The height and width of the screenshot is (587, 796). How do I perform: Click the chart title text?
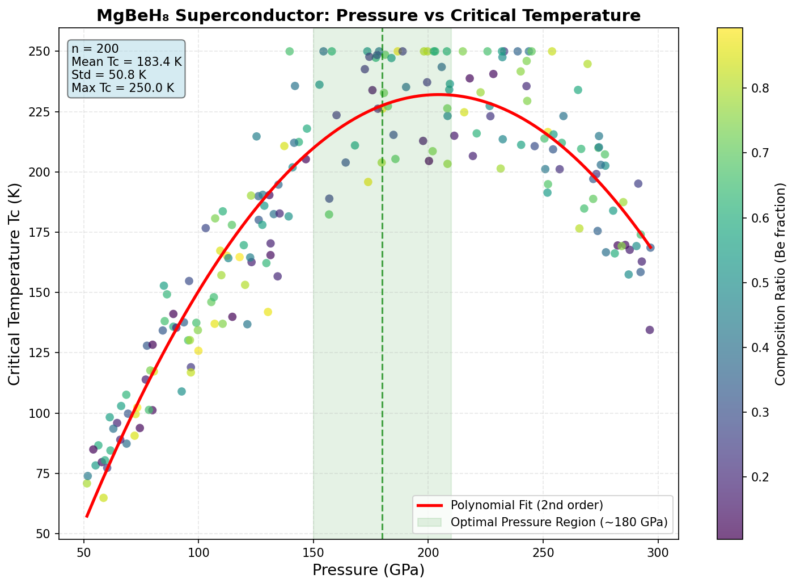pyautogui.click(x=368, y=15)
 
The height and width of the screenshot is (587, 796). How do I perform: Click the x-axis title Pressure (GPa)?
pyautogui.click(x=368, y=570)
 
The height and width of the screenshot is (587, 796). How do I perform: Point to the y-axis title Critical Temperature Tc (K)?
pyautogui.click(x=14, y=284)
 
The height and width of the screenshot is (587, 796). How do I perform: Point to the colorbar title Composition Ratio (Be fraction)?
pyautogui.click(x=781, y=284)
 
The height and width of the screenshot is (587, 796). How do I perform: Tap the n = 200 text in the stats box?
pyautogui.click(x=95, y=49)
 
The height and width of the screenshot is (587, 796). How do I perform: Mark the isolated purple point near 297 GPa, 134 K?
pyautogui.click(x=650, y=330)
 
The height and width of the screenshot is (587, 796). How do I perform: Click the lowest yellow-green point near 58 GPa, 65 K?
pyautogui.click(x=103, y=498)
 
